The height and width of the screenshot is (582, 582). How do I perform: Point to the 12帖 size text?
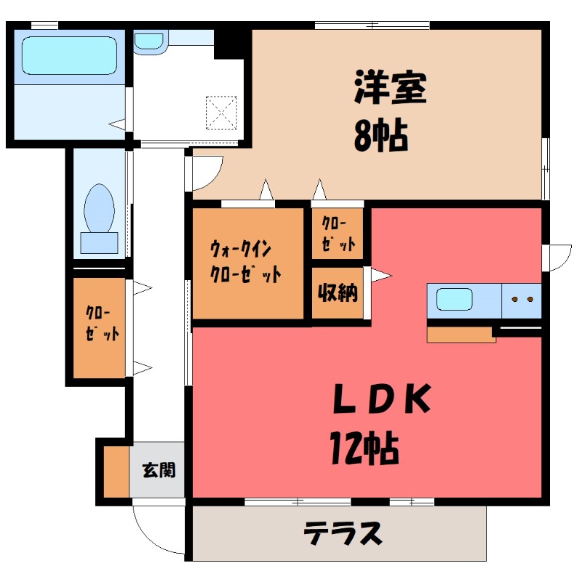(x=365, y=447)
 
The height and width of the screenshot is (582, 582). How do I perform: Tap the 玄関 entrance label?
(x=158, y=471)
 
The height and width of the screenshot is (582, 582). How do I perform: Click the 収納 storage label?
(x=337, y=294)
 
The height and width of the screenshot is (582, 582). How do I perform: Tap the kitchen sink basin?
(x=455, y=300)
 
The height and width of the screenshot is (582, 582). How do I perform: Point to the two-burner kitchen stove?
(x=522, y=300)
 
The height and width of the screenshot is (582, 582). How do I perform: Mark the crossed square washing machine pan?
(x=222, y=111)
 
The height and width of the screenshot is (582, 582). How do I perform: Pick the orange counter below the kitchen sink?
(x=461, y=335)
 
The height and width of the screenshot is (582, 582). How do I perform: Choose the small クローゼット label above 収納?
(x=338, y=234)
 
